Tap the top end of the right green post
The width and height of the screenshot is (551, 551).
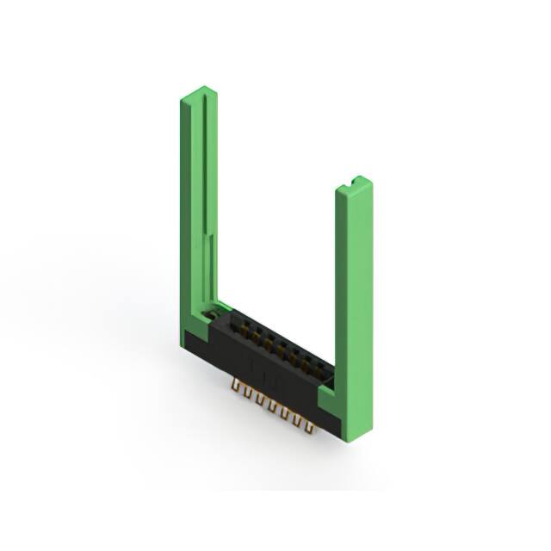click(x=355, y=183)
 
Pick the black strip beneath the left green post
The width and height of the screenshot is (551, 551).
click(x=194, y=349)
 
